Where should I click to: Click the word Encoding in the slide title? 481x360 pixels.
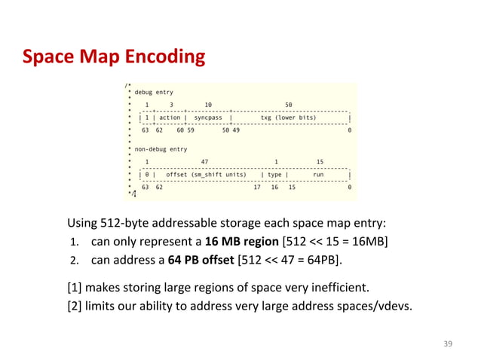click(161, 56)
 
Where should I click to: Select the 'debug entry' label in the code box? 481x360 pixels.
click(154, 92)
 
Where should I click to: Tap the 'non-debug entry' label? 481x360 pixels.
click(161, 149)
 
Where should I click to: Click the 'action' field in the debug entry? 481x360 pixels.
click(170, 118)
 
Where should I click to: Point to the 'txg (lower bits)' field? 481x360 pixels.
click(288, 118)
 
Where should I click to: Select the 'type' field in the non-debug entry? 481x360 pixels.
click(276, 175)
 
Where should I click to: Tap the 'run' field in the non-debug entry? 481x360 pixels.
click(318, 175)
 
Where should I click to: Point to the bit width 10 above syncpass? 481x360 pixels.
click(208, 105)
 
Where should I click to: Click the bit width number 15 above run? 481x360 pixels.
click(320, 161)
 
